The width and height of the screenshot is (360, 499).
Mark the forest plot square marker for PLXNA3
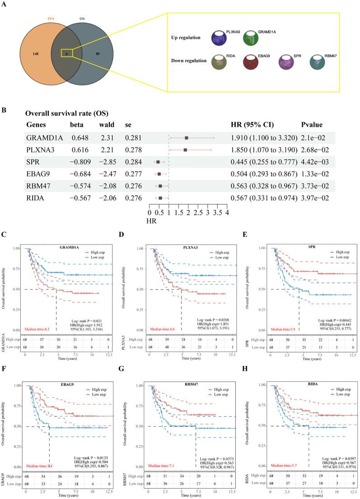pos(185,149)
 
